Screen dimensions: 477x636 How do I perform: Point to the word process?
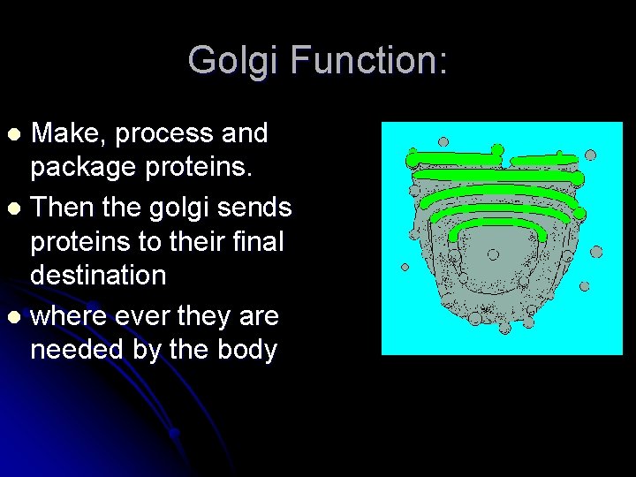coord(163,134)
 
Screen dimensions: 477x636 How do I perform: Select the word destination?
coord(98,275)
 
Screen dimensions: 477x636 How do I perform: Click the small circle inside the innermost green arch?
coord(493,254)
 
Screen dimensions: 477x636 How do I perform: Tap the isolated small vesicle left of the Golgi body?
coord(405,266)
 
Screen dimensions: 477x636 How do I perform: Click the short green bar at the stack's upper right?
coord(543,160)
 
